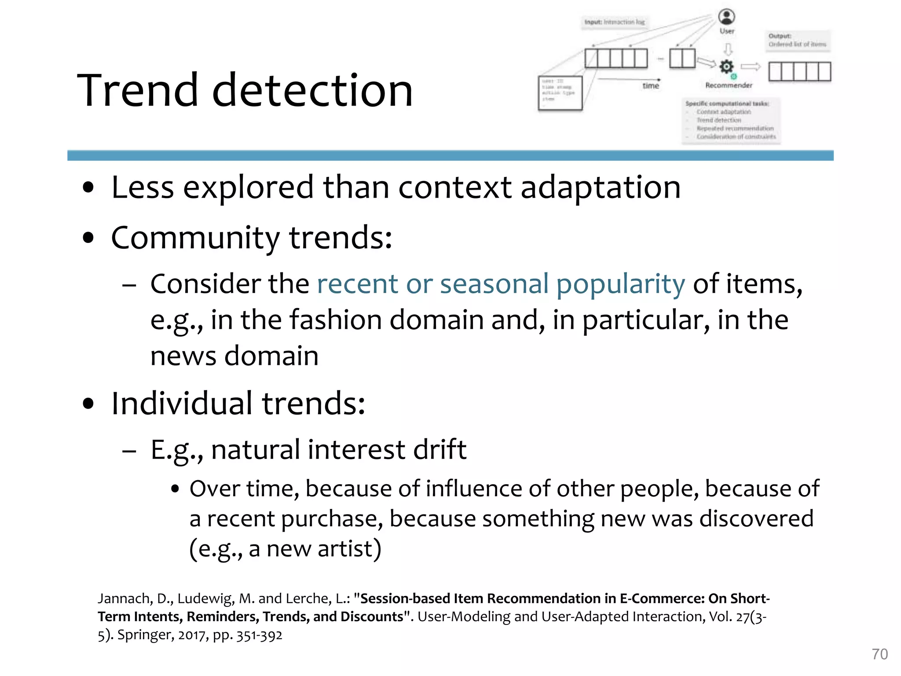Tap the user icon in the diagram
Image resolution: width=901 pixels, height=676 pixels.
[x=726, y=17]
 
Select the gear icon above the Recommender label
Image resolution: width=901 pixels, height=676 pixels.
[x=726, y=66]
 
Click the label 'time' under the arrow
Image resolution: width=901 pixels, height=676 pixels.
[x=651, y=86]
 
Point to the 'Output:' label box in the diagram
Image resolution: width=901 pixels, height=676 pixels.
[x=797, y=40]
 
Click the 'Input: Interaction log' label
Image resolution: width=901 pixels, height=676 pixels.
[x=614, y=22]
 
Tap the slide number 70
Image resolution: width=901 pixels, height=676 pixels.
[x=879, y=654]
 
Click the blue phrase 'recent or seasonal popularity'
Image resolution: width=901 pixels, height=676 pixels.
[x=501, y=284]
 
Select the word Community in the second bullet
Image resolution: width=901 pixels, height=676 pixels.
[x=195, y=238]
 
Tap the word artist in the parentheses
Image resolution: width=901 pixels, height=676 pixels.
[x=345, y=549]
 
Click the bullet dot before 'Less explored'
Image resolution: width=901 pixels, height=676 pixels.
[x=88, y=187]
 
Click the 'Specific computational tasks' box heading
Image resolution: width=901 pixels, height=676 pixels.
[x=727, y=103]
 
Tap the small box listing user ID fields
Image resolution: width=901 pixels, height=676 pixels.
[x=560, y=93]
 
